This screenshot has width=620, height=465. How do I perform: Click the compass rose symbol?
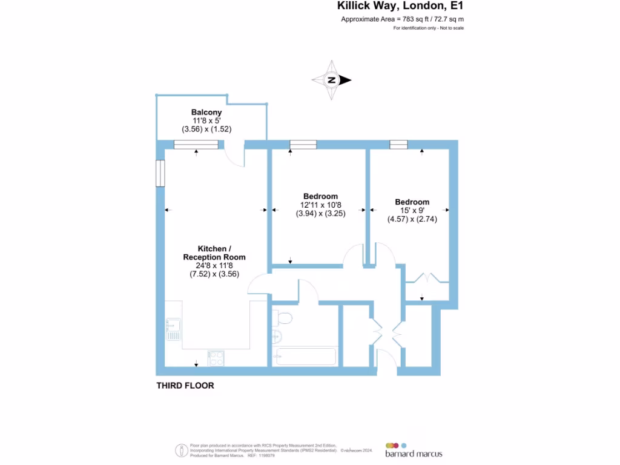(331, 80)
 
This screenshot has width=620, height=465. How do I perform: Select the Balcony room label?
(206, 112)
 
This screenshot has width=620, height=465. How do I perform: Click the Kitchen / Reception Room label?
(214, 253)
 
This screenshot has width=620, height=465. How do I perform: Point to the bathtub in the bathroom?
(305, 356)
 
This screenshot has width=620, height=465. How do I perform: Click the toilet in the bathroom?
(283, 317)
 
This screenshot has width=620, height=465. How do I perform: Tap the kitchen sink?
(173, 327)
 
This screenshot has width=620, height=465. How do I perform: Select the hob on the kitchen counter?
(216, 358)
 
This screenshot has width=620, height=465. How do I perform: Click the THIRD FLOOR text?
(185, 386)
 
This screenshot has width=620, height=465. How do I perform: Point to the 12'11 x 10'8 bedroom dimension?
(320, 205)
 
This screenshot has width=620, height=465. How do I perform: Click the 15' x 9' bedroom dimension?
(412, 211)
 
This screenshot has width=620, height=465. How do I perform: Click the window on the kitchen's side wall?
(160, 173)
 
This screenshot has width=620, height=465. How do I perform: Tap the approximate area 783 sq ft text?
(403, 19)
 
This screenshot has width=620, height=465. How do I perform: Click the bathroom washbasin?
(278, 337)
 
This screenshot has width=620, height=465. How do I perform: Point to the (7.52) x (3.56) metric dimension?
(214, 273)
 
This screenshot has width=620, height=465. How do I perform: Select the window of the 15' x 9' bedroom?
(398, 144)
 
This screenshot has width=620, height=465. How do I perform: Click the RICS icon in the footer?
(180, 450)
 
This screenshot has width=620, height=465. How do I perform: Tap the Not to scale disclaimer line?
(429, 28)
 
